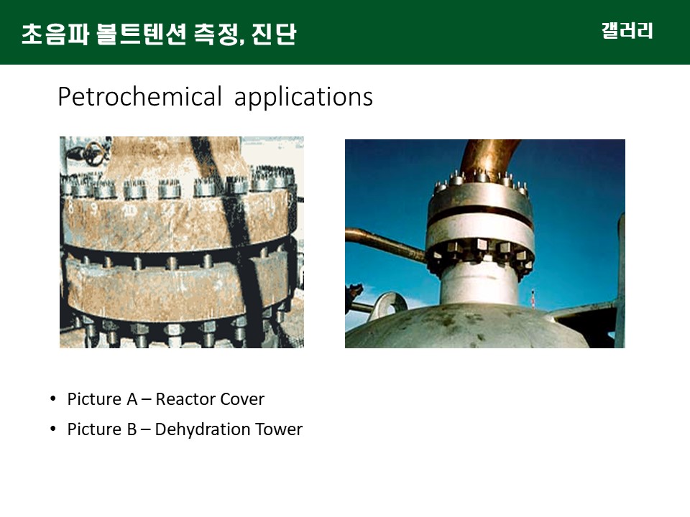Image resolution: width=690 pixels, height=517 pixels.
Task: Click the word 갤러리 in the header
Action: coord(627,31)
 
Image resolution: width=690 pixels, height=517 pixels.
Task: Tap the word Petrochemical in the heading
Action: coord(139,97)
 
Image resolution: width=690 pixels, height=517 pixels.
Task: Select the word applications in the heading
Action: coord(303,98)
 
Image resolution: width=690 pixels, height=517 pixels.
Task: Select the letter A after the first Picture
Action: coord(132,399)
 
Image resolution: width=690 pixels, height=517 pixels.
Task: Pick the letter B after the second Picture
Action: coord(132,429)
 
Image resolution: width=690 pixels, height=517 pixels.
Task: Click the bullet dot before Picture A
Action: coord(53,399)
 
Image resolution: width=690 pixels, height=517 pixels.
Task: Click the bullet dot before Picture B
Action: coord(53,429)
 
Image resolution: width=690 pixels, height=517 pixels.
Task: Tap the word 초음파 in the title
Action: coord(55,34)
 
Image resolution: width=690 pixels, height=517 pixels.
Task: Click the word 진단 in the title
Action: coord(274,34)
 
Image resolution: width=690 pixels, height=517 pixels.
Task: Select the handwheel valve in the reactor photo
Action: coord(93,153)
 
